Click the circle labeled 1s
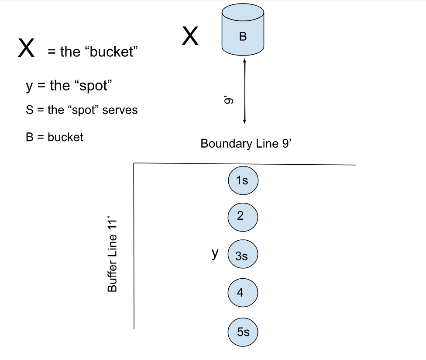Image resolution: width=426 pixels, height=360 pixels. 243,180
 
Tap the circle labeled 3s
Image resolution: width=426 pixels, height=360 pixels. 243,256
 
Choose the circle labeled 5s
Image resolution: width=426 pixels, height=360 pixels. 243,332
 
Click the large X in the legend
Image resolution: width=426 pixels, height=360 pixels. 26,48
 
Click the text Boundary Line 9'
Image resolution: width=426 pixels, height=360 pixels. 245,143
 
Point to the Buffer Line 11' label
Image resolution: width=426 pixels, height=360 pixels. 113,255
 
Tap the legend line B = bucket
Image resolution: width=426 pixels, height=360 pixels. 55,137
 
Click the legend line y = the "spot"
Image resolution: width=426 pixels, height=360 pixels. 69,86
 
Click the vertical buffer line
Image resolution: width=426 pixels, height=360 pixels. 134,245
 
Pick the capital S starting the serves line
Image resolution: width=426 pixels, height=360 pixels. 29,110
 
